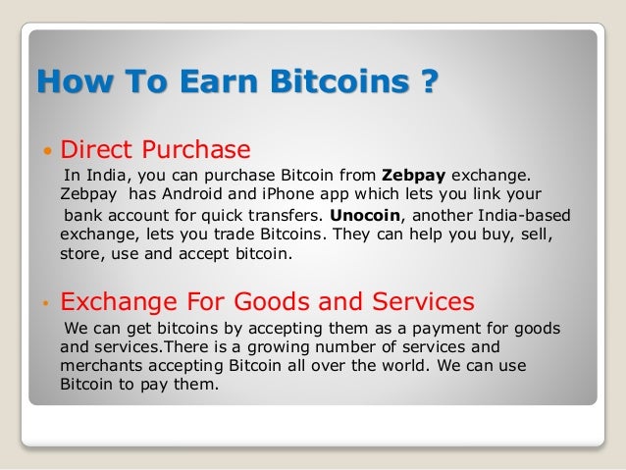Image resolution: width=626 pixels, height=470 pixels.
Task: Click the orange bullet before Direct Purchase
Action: (46, 152)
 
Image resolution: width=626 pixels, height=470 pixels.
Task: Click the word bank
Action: (85, 216)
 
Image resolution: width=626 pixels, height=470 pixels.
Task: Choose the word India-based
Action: (520, 215)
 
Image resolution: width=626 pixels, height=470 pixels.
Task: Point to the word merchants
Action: (103, 366)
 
